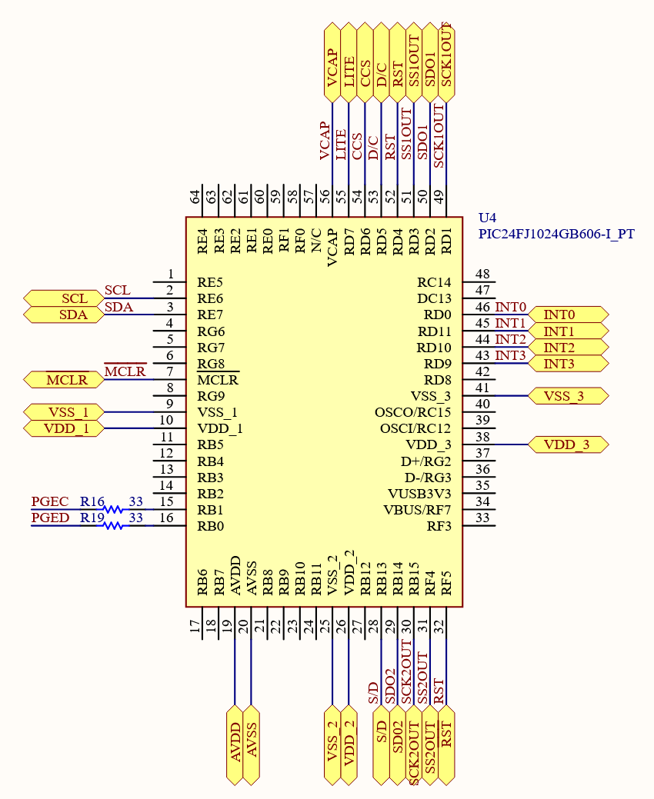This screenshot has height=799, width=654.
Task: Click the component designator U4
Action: click(488, 218)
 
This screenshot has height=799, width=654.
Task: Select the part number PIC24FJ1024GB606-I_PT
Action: click(556, 234)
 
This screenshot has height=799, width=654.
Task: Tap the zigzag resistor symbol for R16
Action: click(114, 509)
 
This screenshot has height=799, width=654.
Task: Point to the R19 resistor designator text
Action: click(92, 518)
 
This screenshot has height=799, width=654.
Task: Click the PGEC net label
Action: click(49, 501)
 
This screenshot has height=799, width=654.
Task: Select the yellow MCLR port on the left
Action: click(62, 379)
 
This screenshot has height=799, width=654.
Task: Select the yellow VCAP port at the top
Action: click(332, 63)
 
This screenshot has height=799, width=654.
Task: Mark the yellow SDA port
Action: click(63, 315)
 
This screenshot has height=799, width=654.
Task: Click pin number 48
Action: click(483, 275)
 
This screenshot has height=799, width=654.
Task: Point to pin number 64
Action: click(195, 197)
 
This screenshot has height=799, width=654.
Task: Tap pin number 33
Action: click(483, 518)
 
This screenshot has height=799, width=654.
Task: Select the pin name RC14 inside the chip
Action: click(434, 282)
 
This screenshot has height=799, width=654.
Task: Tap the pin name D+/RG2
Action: click(425, 461)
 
